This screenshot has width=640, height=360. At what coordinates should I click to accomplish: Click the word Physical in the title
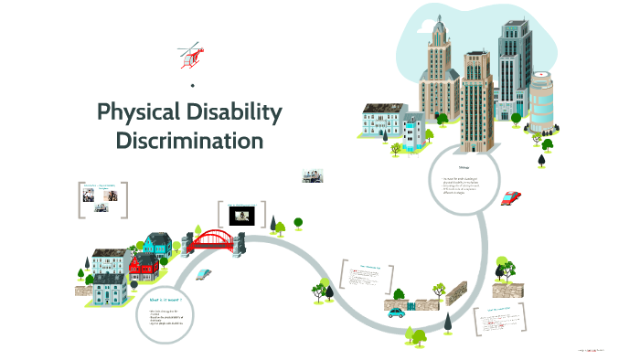point(141,113)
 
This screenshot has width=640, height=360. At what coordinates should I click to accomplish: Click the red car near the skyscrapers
point(511,197)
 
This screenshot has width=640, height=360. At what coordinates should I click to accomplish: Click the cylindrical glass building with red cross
point(541,102)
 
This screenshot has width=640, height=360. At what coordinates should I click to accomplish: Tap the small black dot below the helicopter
point(192,86)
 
